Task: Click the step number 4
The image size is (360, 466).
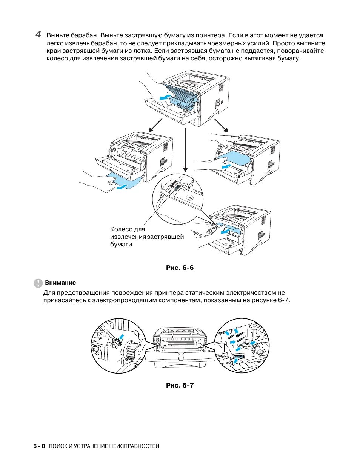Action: [x=38, y=34]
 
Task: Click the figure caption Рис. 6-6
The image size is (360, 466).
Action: [x=180, y=268]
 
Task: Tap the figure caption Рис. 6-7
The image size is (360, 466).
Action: [x=180, y=385]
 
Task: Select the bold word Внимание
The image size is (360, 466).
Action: [x=60, y=283]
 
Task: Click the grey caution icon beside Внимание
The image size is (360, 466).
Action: [x=38, y=283]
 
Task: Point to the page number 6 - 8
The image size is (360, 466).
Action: [x=39, y=446]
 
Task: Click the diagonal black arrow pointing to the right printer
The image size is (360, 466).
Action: [x=222, y=125]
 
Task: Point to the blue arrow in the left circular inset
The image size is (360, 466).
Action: [x=121, y=337]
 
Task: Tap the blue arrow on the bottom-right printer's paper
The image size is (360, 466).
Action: [x=225, y=232]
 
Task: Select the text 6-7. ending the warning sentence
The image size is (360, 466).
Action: [x=284, y=300]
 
